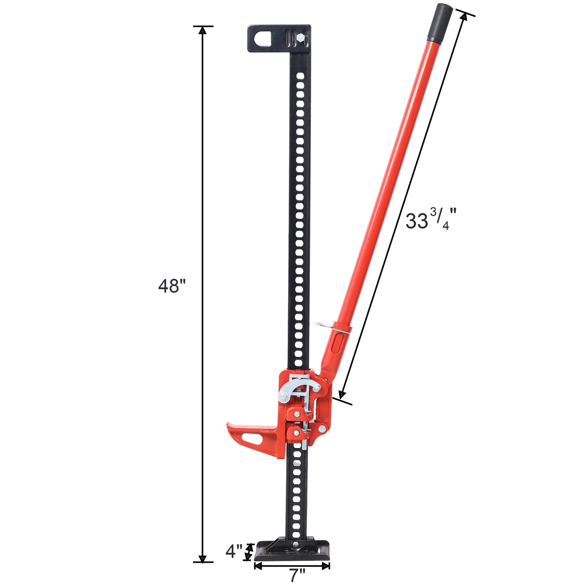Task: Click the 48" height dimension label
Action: pos(172,286)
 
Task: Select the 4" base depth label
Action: pos(234,551)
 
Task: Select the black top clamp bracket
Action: pos(279,39)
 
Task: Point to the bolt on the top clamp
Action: pos(301,37)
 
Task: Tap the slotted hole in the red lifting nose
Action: pos(253,439)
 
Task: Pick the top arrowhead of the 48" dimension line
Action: pos(203,30)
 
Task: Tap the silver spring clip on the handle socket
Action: pos(323,326)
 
